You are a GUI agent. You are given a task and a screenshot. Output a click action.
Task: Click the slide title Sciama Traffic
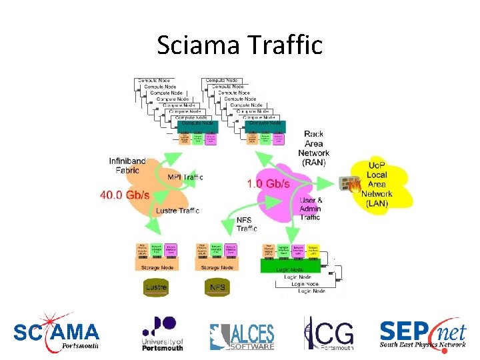pos(240,45)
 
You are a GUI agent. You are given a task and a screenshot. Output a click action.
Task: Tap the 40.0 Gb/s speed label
pos(125,195)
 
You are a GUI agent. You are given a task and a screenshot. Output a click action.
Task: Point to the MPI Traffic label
pos(185,177)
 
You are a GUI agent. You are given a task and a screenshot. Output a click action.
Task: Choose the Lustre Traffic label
pos(177,211)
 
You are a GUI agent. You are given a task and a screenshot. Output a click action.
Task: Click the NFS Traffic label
pos(247,224)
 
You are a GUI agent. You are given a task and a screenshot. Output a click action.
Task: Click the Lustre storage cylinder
pos(156,287)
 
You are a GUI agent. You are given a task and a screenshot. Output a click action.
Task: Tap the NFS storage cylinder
pos(217,287)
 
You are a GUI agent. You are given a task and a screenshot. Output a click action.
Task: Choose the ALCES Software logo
pos(241,336)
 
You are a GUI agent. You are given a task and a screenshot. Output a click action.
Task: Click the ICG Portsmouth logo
pos(328,333)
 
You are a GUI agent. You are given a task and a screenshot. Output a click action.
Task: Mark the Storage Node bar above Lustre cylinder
pos(156,266)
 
